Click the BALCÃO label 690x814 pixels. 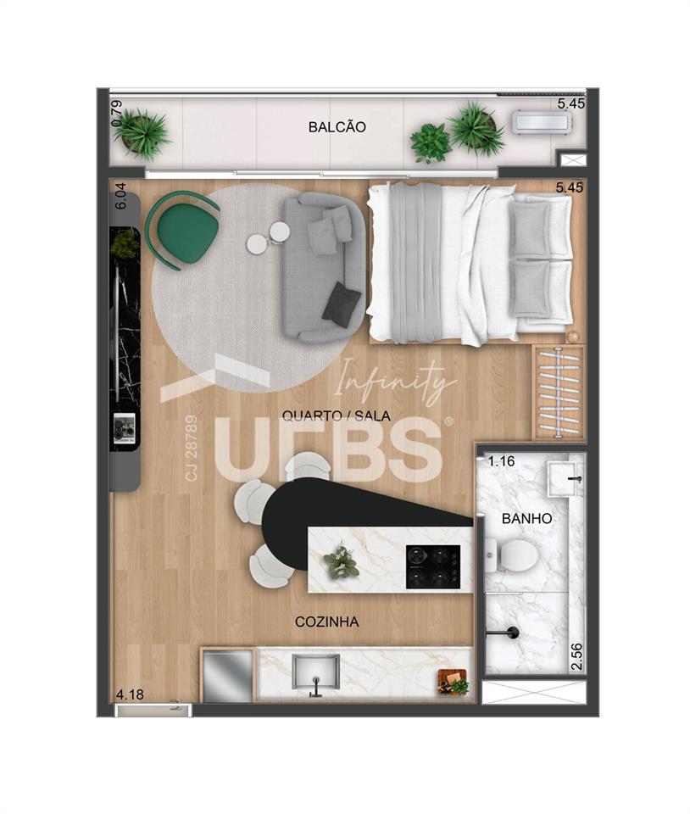(337, 126)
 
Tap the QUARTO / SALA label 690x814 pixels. (337, 415)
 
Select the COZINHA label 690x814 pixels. (327, 622)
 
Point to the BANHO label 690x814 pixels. (526, 518)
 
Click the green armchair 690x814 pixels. (182, 230)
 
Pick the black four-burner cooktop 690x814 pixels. (432, 566)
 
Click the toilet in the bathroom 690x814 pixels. (511, 556)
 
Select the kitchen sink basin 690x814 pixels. (315, 672)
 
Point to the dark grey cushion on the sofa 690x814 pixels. (342, 304)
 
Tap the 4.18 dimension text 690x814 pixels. (131, 694)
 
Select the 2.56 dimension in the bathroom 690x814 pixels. (576, 656)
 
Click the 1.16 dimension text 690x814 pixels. (501, 461)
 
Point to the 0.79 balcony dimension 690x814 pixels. (117, 113)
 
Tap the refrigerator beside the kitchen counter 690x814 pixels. (227, 674)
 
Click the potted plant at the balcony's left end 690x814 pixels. (142, 132)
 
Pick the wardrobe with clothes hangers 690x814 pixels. (559, 393)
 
